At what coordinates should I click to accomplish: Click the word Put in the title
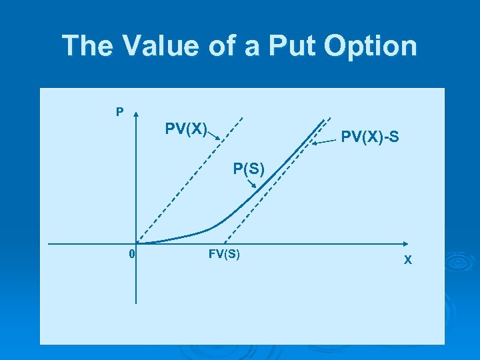click(x=289, y=46)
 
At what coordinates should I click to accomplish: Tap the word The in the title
click(x=85, y=46)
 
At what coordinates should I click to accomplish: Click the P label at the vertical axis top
click(x=119, y=112)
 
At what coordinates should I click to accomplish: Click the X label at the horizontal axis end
click(x=408, y=260)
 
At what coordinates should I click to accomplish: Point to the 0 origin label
click(x=132, y=254)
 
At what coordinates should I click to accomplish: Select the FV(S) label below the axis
click(x=224, y=254)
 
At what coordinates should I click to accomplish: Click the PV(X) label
click(x=186, y=127)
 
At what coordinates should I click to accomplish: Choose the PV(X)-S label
click(x=370, y=138)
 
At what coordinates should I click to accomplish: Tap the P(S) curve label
click(x=249, y=168)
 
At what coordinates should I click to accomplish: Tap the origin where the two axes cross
click(x=136, y=243)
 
